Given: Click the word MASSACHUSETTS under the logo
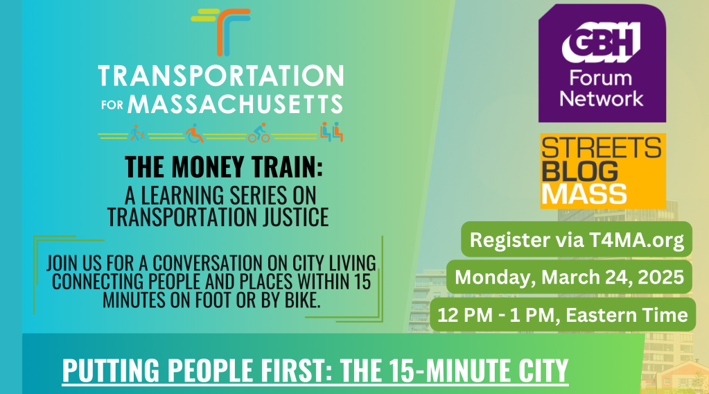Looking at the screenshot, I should point(235,105).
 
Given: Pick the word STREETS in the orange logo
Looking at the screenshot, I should point(601,148).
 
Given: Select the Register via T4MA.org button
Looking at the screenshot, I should point(577,240).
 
